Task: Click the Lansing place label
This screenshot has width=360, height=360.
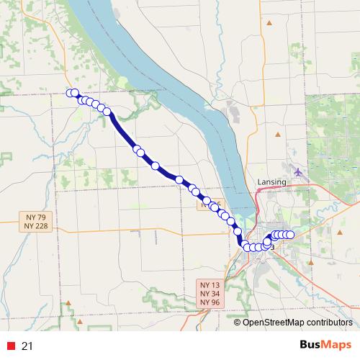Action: pos(272,182)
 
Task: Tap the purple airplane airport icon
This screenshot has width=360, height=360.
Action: pos(299,171)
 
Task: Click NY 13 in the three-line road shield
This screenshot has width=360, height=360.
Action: pos(210,285)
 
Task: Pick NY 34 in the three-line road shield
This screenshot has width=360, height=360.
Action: pos(210,294)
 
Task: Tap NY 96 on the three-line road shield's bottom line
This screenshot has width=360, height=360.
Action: pos(210,302)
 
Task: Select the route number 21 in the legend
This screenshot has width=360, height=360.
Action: pos(27,346)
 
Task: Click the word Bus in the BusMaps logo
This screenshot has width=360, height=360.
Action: pos(310,345)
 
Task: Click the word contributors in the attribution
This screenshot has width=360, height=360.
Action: pos(328,322)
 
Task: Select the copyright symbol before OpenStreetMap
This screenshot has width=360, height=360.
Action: pos(238,322)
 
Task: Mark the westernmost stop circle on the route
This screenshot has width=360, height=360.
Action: pos(71,92)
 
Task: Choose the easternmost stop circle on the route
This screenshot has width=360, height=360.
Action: pos(291,235)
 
